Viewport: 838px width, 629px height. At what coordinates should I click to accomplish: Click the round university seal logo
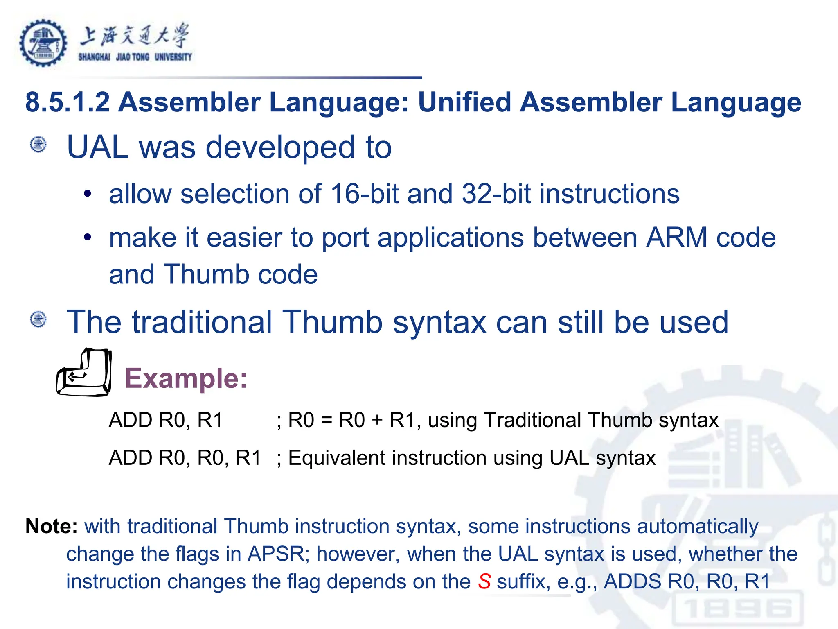(43, 43)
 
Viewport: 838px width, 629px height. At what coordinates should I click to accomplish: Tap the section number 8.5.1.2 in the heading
(68, 102)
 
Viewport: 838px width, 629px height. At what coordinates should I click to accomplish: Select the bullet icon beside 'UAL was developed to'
(39, 145)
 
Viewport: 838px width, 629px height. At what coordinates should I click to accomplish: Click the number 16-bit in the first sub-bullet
(364, 194)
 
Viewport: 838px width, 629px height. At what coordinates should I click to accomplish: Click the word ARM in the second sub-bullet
(677, 238)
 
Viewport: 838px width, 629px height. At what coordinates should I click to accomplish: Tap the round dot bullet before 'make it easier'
(87, 237)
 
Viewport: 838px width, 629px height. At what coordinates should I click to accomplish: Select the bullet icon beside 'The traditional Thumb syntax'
(39, 319)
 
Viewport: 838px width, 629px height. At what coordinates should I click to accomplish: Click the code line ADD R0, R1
(166, 420)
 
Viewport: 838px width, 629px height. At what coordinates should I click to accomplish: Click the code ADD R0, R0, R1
(185, 458)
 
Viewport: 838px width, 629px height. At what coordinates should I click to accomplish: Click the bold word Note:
(52, 526)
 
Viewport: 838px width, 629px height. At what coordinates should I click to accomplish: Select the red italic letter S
(484, 581)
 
